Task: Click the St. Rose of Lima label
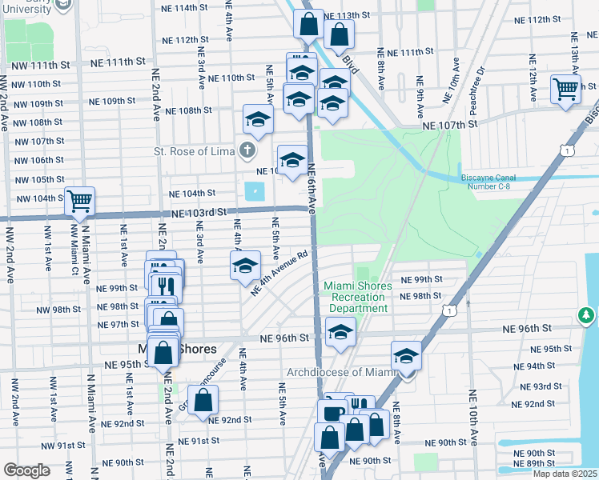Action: [194, 150]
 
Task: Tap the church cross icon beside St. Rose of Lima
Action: [247, 150]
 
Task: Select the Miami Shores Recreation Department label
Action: [358, 297]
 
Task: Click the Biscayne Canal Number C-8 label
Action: [496, 182]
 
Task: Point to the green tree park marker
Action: [587, 316]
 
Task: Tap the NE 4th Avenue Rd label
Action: [279, 274]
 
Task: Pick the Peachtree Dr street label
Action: [480, 84]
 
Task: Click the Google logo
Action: [27, 470]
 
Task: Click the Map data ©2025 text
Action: [565, 474]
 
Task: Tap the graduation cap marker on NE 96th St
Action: [340, 330]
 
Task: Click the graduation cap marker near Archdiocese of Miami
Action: [406, 356]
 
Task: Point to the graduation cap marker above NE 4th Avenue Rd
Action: [245, 266]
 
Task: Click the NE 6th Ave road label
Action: [312, 185]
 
